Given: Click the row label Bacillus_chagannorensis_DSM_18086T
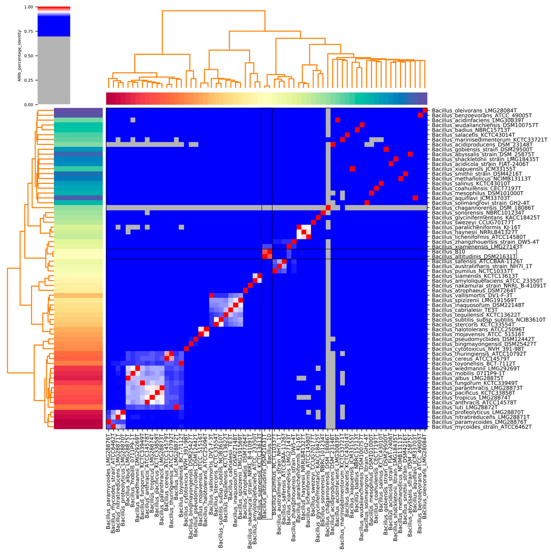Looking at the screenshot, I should (483, 208).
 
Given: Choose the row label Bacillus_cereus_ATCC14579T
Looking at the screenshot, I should (471, 359).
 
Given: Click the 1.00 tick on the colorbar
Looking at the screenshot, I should (29, 7).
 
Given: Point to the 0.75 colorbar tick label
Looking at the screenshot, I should (29, 31).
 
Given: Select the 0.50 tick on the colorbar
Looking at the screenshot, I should (29, 56).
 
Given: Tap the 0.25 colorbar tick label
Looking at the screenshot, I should (29, 80).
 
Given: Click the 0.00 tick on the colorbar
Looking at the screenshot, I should (29, 105).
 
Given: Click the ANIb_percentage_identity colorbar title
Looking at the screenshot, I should (20, 56).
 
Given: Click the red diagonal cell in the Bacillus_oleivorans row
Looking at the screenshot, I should (425, 110).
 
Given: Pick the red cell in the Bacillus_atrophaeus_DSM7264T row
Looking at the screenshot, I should (245, 290).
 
